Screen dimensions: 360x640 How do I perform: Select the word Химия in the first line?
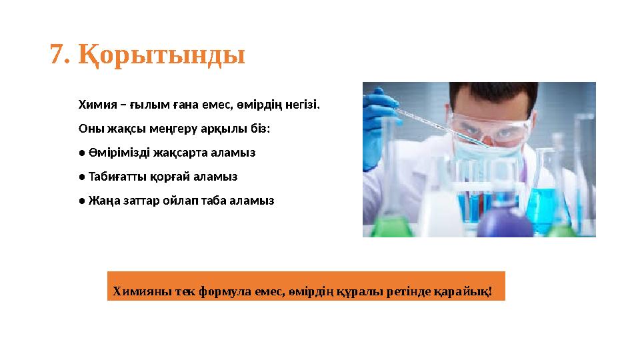click(x=95, y=105)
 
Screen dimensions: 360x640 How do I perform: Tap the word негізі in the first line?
click(x=303, y=105)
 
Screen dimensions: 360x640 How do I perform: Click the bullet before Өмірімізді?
click(x=81, y=153)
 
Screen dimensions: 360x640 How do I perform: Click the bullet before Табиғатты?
click(x=81, y=177)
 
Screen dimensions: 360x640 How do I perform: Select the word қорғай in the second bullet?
click(x=175, y=177)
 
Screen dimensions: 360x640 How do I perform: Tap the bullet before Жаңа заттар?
click(x=81, y=201)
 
